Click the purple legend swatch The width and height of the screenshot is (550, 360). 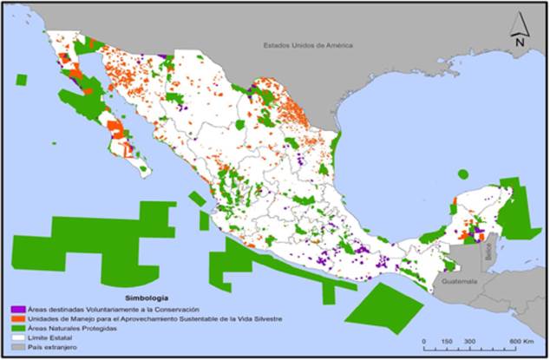pos(16,310)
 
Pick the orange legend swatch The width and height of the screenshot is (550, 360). pos(16,319)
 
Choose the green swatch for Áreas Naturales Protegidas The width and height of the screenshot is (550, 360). pos(16,329)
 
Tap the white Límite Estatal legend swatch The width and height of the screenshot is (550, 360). pos(16,337)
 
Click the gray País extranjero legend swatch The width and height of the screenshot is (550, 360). pos(16,347)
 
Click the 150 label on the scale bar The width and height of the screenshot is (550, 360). pos(446,341)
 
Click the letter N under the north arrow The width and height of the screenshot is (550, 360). pos(518,41)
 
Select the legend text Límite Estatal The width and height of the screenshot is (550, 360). pos(47,337)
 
